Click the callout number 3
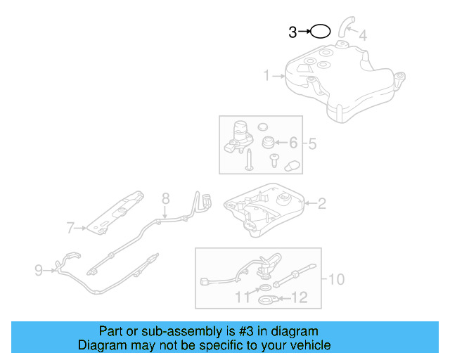tap(292, 32)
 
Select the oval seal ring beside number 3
tap(320, 32)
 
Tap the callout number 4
tap(362, 34)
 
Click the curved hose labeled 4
tap(344, 26)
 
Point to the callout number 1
tap(267, 75)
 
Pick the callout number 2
tap(321, 205)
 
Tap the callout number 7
tap(70, 228)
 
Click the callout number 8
tap(166, 198)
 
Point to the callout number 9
tap(39, 268)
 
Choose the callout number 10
tap(335, 280)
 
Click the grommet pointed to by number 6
tap(268, 143)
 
